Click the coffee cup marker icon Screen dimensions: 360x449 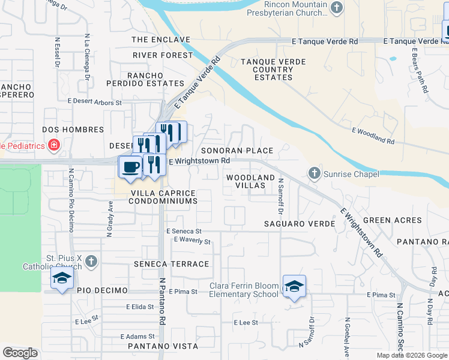[x=130, y=167]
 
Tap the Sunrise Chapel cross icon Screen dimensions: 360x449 [x=314, y=173]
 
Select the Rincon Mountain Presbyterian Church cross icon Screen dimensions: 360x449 [x=337, y=8]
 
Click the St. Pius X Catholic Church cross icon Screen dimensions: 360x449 [x=91, y=261]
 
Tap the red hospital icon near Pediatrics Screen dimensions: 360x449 [x=54, y=145]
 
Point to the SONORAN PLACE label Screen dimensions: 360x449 [x=237, y=151]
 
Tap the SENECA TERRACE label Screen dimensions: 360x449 [x=172, y=264]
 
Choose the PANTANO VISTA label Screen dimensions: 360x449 [x=163, y=346]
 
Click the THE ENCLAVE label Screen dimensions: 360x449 [x=160, y=40]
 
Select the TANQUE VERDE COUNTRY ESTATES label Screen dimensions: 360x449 [x=273, y=70]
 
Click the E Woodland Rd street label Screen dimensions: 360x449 [x=373, y=136]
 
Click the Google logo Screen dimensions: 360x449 [x=20, y=353]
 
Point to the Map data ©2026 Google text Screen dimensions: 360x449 [x=412, y=355]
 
